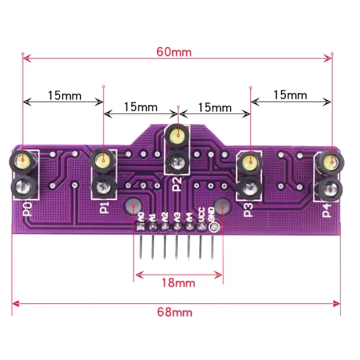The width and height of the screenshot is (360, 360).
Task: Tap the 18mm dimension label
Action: coord(179,283)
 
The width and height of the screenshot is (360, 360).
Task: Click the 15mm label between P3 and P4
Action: coord(290,95)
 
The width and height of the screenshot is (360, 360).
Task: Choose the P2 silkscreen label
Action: coord(177,184)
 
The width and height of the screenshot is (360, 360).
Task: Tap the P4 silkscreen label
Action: coord(327,210)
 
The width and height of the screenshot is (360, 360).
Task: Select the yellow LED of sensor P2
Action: coord(178,134)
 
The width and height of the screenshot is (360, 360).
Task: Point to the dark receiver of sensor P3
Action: coord(248,185)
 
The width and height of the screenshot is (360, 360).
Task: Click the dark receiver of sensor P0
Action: coord(22,185)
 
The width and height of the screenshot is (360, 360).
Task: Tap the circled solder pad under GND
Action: coord(213,228)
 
